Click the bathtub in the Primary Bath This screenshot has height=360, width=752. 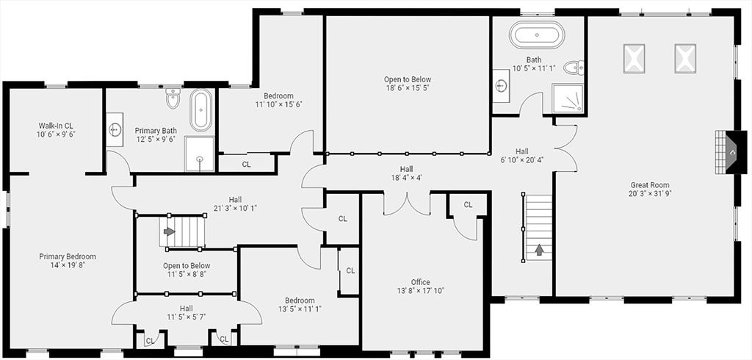click(200, 110)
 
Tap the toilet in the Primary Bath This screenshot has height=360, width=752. click(173, 97)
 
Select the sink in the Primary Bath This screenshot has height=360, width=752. click(116, 130)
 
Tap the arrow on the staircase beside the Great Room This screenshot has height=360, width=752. click(540, 250)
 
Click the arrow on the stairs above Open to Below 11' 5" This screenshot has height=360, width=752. click(170, 231)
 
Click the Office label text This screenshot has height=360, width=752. click(421, 282)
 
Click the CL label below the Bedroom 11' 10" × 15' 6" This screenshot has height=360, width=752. click(247, 165)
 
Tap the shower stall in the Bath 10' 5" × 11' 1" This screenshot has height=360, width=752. click(568, 98)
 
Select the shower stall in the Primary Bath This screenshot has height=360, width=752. click(199, 152)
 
